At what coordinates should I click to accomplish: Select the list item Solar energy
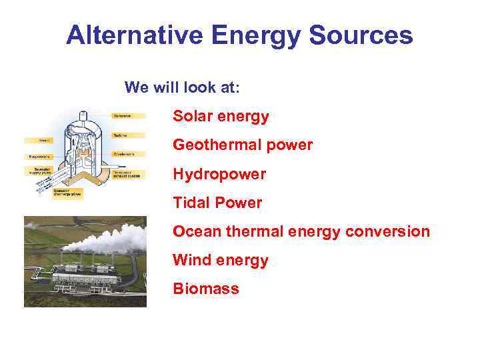click(221, 117)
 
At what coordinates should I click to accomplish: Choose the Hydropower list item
click(219, 174)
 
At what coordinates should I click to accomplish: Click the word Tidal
click(191, 203)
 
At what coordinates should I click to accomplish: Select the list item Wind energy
click(220, 260)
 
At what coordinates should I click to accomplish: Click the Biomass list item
click(205, 289)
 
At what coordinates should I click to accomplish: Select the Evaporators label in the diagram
click(38, 157)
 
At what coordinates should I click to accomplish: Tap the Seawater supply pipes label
click(38, 171)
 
